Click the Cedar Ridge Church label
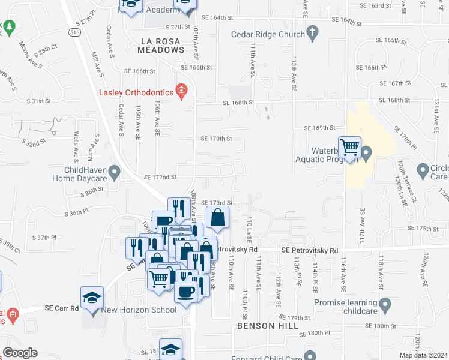(268, 34)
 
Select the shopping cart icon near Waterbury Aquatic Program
(349, 148)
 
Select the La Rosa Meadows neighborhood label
(161, 46)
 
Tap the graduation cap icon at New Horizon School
(92, 298)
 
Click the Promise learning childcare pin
(385, 305)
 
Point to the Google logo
(20, 353)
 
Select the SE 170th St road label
(216, 139)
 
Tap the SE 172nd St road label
(160, 177)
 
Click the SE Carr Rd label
(62, 308)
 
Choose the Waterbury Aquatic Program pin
(367, 154)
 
